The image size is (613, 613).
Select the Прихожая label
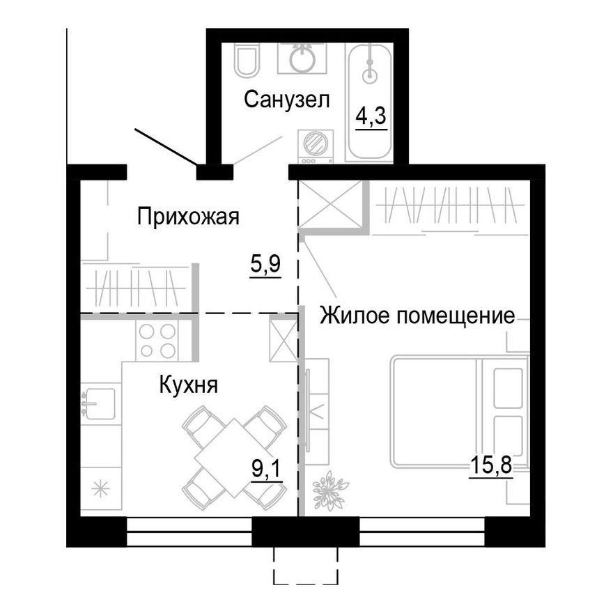click(188, 216)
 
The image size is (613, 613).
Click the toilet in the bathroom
click(246, 60)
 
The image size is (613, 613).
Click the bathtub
click(370, 101)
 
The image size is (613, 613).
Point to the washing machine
click(315, 146)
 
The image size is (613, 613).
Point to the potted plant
click(326, 490)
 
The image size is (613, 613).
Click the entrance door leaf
click(166, 147)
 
